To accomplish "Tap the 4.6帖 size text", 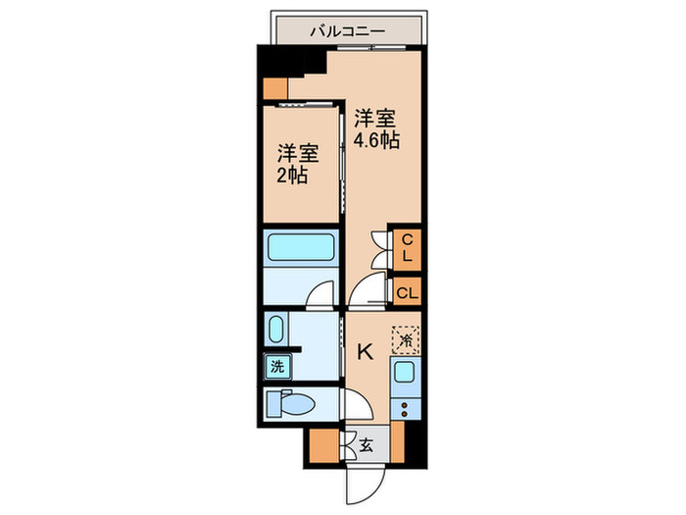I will coord(375,138).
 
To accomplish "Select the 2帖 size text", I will coord(293,177).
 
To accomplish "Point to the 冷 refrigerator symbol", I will coord(405,339).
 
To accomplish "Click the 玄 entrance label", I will coord(366,444).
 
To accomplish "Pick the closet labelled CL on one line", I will coord(407,291).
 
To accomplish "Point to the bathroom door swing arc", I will coord(320,293).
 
